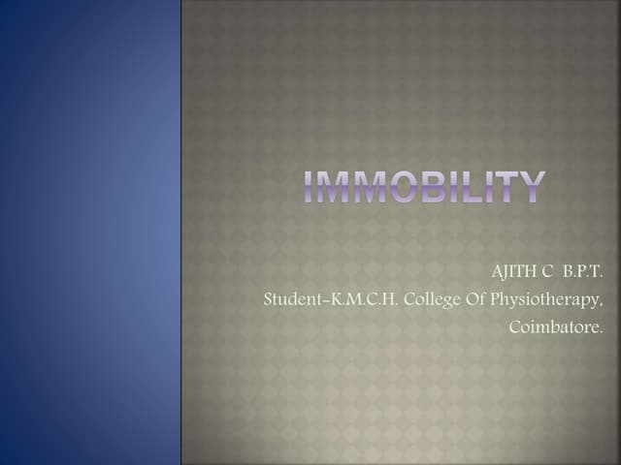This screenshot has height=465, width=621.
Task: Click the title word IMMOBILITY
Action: coord(424,187)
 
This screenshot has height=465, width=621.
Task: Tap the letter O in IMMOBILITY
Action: coord(402,187)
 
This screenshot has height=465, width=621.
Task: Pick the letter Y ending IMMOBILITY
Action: coord(531,187)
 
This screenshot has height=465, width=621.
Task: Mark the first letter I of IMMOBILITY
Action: coord(308,187)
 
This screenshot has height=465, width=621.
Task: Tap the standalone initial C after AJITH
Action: coord(546,271)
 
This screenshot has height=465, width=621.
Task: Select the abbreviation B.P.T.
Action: coord(582,271)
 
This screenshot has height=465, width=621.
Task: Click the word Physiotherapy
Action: coord(546,300)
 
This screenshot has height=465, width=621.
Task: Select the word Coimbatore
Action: coord(556,327)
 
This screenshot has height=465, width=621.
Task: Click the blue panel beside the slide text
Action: coord(90,232)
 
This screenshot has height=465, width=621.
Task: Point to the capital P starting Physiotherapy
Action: coord(495,299)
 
